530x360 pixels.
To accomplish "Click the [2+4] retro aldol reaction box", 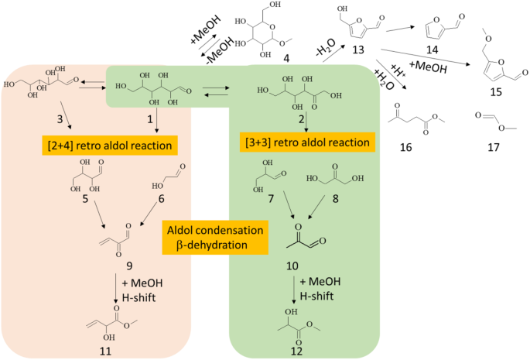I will pyautogui.click(x=108, y=144).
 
